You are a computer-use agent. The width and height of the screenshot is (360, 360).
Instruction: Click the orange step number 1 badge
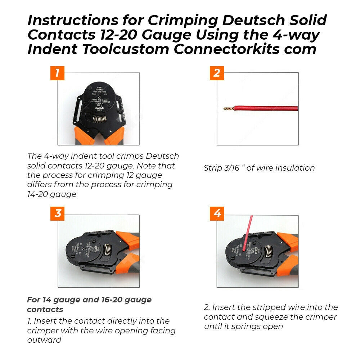point(57,73)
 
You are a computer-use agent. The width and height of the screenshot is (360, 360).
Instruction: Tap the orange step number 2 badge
point(217,73)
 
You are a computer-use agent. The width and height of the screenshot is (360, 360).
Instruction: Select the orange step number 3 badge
point(58,213)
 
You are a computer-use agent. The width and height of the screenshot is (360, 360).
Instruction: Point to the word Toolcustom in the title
point(126,49)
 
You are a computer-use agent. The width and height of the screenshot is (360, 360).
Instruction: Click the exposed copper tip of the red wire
point(229,108)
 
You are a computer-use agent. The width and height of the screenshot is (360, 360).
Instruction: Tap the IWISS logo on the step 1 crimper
point(98,107)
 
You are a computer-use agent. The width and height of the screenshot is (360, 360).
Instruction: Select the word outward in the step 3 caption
point(44,340)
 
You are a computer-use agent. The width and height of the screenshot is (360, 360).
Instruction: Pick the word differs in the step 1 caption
point(40,185)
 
